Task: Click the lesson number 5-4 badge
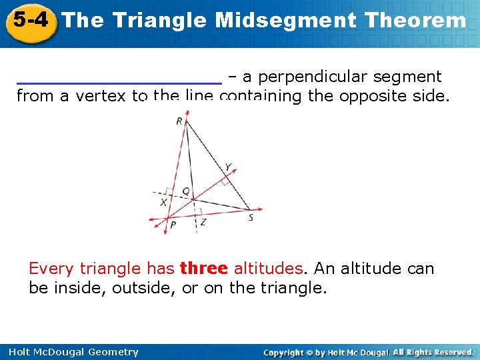[x=30, y=21]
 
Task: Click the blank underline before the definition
[x=119, y=81]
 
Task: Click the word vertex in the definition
[x=101, y=96]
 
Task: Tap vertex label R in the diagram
[x=179, y=121]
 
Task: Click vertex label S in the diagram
[x=251, y=217]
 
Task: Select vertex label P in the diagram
[x=173, y=225]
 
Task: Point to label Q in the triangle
[x=185, y=191]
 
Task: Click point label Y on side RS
[x=228, y=167]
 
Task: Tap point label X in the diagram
[x=163, y=202]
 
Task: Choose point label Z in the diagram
[x=203, y=222]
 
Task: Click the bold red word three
[x=204, y=269]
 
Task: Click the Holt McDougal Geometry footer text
[x=74, y=352]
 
